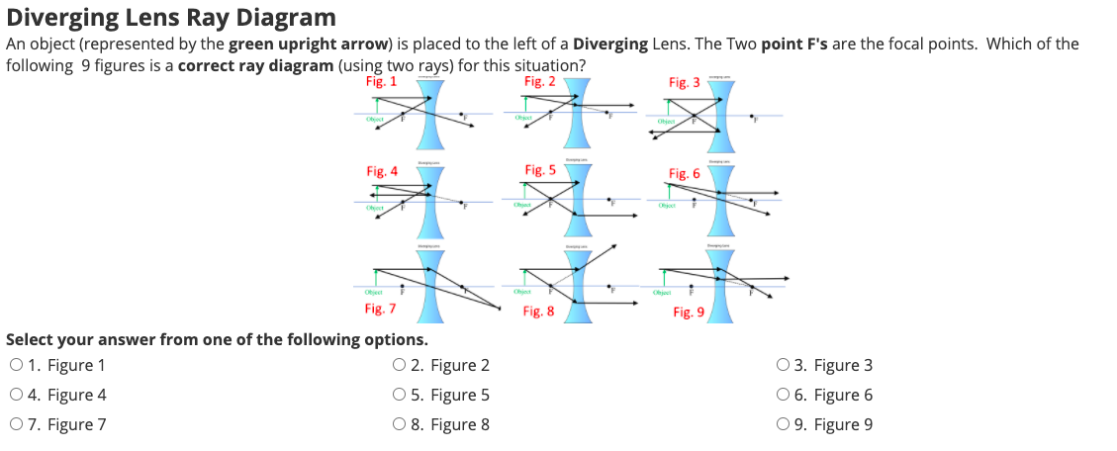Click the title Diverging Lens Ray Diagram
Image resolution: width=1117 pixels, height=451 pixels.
[171, 17]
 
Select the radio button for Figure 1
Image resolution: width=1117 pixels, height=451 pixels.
[16, 365]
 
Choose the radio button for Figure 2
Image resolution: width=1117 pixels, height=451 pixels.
[399, 365]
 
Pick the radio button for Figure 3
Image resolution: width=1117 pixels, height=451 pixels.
[788, 365]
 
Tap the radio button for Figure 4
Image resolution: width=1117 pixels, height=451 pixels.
[16, 395]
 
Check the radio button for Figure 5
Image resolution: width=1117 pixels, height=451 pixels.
[399, 395]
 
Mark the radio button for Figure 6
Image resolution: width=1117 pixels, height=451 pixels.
[788, 395]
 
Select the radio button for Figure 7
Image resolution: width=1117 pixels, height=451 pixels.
[16, 425]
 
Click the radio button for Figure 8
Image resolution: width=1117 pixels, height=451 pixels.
[399, 425]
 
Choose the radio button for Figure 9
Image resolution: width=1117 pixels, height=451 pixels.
[788, 425]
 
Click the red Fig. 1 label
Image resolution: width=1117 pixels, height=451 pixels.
[381, 81]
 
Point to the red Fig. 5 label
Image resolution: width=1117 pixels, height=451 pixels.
[540, 170]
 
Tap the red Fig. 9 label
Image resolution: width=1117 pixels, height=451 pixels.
[689, 312]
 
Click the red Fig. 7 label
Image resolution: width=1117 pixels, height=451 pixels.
[381, 309]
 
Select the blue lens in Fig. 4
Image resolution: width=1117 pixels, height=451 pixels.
[429, 202]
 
